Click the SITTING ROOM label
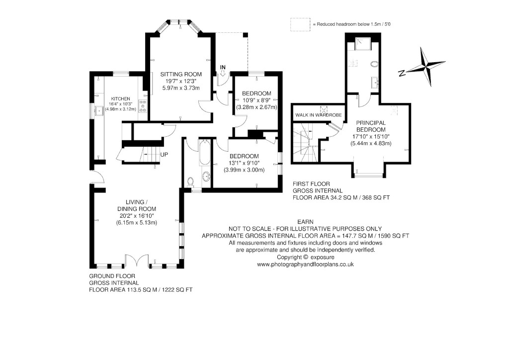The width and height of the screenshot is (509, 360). coord(181,74)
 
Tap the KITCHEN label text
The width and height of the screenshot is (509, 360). coord(121,98)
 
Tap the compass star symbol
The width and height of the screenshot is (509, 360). coord(427,66)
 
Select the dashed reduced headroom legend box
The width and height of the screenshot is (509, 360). coord(300,24)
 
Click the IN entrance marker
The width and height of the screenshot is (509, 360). coord(223,67)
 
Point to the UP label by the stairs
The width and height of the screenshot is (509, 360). coord(164,154)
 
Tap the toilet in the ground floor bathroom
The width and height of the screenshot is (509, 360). coord(189,181)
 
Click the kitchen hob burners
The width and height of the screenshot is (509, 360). coord(143,106)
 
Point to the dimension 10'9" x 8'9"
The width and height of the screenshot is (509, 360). coord(256,100)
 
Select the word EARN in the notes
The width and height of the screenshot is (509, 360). coord(305,221)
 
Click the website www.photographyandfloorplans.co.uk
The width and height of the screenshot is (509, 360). coord(305,265)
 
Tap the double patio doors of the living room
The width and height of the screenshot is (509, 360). coord(137,262)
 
